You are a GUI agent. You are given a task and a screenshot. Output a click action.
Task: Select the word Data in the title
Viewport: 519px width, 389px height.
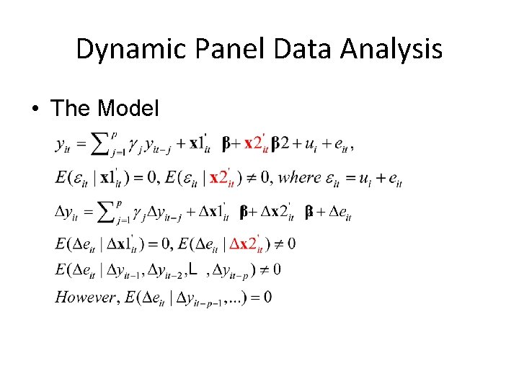click(x=283, y=50)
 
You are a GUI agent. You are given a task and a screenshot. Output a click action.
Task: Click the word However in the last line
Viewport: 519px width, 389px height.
click(x=85, y=296)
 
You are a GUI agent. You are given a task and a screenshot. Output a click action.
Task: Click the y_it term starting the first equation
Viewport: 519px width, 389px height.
click(x=64, y=145)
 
